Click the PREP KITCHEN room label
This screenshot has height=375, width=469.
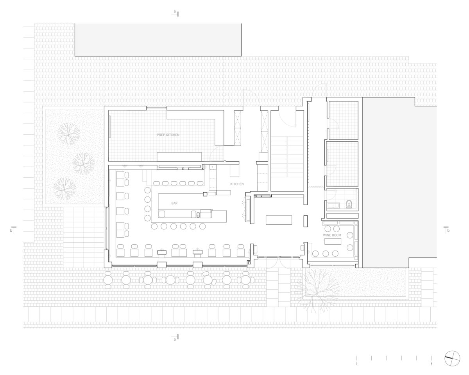pyautogui.click(x=168, y=135)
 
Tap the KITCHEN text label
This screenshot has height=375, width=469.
pyautogui.click(x=237, y=184)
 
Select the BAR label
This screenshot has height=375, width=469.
pyautogui.click(x=174, y=203)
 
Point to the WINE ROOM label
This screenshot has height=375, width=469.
pyautogui.click(x=332, y=235)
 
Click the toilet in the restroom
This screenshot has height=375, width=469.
pyautogui.click(x=349, y=204)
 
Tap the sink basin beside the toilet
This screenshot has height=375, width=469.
pyautogui.click(x=333, y=206)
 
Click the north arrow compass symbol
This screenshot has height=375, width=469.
pyautogui.click(x=452, y=359)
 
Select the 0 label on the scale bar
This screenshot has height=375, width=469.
pyautogui.click(x=356, y=364)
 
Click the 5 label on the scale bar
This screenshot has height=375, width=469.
pyautogui.click(x=431, y=364)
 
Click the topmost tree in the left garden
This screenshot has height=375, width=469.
pyautogui.click(x=69, y=134)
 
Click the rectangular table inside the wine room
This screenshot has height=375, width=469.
pyautogui.click(x=333, y=242)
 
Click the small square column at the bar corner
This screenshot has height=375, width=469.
pyautogui.click(x=205, y=194)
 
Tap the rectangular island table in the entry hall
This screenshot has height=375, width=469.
pyautogui.click(x=279, y=220)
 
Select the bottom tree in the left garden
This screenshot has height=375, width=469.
pyautogui.click(x=64, y=188)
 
